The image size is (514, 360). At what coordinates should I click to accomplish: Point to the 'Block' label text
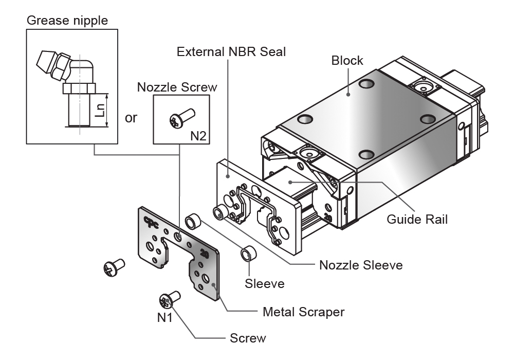coord(347,60)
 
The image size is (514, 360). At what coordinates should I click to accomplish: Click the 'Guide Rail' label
coord(417,220)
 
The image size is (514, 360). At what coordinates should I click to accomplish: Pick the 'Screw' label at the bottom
coord(248,338)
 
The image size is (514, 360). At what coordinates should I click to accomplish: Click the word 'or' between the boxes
coord(131,118)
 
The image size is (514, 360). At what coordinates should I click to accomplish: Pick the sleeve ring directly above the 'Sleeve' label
coord(249,254)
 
